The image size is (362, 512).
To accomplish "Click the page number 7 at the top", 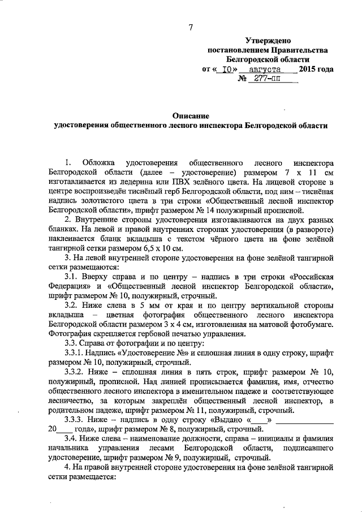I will click(x=191, y=28).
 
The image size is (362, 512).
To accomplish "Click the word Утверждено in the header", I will click(x=268, y=40).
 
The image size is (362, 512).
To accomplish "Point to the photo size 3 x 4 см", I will click(x=188, y=325).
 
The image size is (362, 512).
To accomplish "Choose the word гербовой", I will click(x=149, y=334).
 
